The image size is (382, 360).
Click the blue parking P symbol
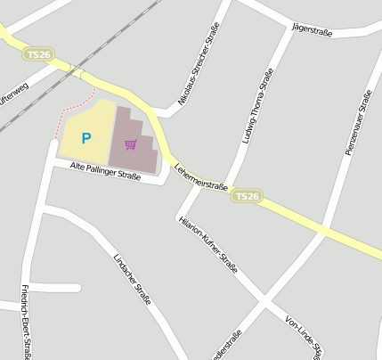86,138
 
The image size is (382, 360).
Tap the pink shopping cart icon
131,144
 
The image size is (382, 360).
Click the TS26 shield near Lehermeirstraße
248,196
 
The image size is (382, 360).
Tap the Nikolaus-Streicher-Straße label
199,65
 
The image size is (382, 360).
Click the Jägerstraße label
312,31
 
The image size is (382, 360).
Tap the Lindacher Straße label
132,279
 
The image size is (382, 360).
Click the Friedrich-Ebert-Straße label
26,323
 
